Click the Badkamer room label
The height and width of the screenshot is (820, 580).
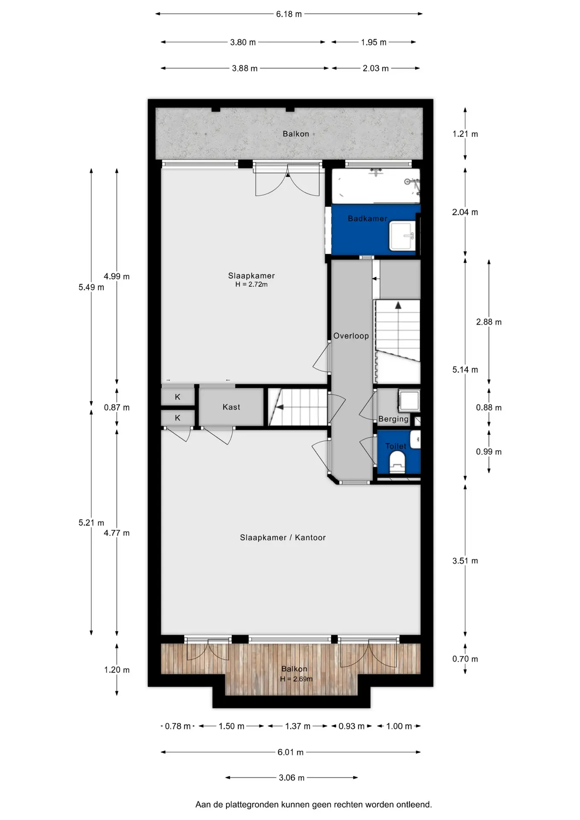367,219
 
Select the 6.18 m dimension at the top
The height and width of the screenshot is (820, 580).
289,14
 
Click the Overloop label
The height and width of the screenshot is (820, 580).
351,336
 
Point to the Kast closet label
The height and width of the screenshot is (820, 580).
231,407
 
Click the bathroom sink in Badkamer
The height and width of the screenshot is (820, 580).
402,236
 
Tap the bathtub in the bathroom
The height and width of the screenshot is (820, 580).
376,186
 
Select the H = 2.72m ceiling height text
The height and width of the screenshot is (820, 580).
252,284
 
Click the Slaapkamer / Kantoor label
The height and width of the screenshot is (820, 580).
283,538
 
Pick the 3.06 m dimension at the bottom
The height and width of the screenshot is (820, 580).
292,778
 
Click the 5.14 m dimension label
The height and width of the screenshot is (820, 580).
465,370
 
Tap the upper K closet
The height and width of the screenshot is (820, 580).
178,397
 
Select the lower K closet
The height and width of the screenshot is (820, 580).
178,418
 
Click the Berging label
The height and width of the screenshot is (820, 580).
393,419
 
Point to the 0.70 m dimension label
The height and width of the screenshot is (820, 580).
465,659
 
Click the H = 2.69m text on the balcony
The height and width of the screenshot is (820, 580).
296,679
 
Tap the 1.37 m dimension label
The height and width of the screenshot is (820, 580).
298,726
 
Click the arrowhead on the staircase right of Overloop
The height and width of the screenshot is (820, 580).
398,305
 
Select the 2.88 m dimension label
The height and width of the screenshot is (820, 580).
489,322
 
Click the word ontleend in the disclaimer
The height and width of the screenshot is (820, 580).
414,805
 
